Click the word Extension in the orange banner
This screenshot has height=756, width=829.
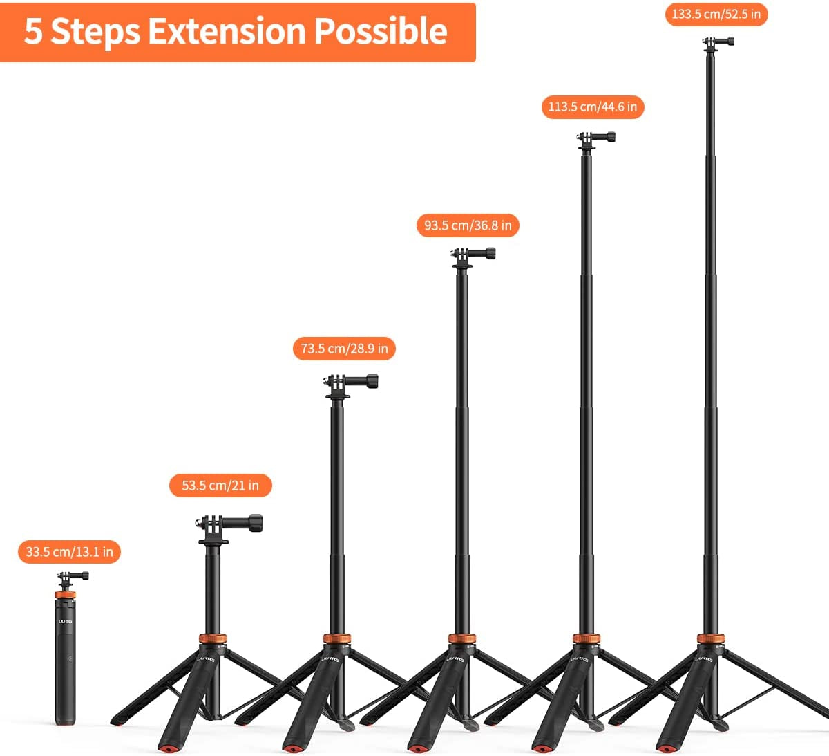point(227,31)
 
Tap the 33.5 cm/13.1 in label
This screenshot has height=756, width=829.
point(69,552)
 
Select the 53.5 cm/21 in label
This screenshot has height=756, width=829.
point(220,486)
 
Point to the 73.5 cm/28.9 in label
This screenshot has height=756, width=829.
point(344,349)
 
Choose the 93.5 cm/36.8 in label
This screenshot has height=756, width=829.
point(468,225)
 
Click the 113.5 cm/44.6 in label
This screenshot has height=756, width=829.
point(593,107)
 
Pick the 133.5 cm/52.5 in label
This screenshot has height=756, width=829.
point(716,15)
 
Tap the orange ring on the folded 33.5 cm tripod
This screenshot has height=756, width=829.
point(65,594)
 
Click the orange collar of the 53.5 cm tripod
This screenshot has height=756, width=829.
point(213,638)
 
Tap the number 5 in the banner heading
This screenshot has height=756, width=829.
point(32,32)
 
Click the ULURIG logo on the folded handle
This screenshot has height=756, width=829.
point(65,621)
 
